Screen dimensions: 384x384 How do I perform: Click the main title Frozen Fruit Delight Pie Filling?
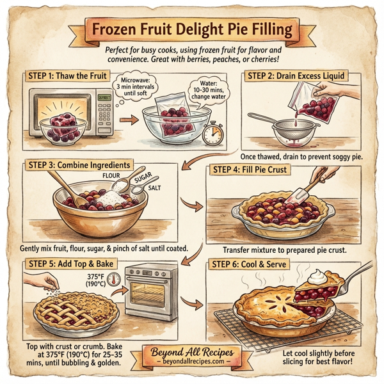click(193, 29)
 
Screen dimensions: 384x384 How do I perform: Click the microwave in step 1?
click(67, 114)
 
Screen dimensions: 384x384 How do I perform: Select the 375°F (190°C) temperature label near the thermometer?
click(95, 280)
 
